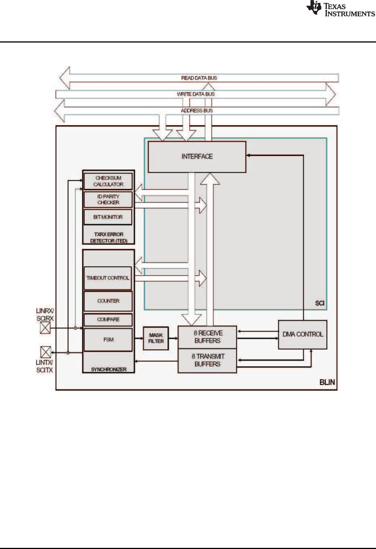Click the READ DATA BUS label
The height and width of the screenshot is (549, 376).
(x=199, y=78)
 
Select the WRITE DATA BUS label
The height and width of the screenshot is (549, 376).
(x=195, y=94)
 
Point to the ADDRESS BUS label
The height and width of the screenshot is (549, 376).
(x=197, y=111)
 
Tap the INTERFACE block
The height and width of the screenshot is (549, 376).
(x=197, y=157)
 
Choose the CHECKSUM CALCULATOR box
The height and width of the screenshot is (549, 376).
(x=108, y=181)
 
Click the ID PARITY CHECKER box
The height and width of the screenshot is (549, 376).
(x=108, y=200)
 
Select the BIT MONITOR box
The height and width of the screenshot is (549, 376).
(x=108, y=217)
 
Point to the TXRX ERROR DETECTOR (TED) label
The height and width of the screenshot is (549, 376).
(x=109, y=238)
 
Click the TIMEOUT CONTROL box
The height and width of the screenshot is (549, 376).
(x=108, y=278)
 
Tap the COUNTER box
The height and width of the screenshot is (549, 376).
(x=108, y=301)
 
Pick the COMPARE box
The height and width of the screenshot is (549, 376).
(x=108, y=320)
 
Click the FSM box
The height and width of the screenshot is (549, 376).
(x=108, y=339)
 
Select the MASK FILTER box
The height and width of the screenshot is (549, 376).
(x=156, y=338)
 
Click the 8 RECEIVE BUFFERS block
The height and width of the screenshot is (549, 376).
(x=207, y=337)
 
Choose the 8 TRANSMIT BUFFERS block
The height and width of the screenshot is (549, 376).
(x=207, y=360)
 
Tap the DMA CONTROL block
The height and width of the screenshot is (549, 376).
(x=303, y=334)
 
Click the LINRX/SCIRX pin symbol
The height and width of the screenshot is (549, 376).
(x=45, y=328)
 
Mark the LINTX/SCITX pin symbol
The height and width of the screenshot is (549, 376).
(x=46, y=352)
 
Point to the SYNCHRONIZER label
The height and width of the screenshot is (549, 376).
(x=109, y=369)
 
